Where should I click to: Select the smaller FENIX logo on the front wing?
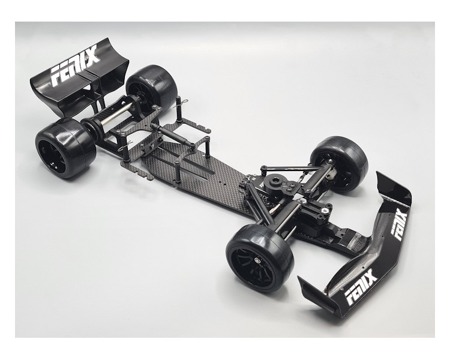[399, 224]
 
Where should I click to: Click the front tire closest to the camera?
[260, 259]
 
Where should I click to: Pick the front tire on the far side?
[339, 164]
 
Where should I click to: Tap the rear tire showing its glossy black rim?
[65, 148]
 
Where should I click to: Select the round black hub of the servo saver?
[274, 182]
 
